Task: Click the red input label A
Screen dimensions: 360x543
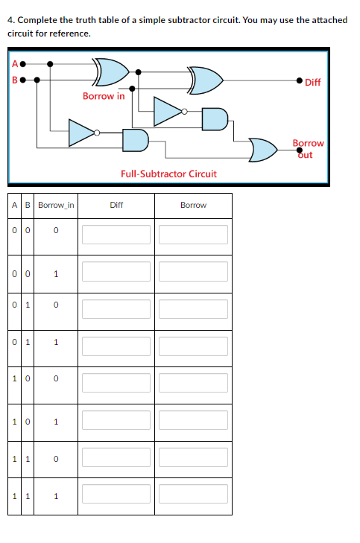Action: (x=15, y=64)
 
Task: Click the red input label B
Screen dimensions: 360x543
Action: (x=15, y=80)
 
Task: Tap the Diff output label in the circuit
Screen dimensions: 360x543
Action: (x=312, y=82)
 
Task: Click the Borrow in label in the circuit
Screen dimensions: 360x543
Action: (x=104, y=96)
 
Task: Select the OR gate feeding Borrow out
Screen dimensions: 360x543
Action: (x=263, y=150)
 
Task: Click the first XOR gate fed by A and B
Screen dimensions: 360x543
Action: (x=111, y=72)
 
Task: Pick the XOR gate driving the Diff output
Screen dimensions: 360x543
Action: (x=206, y=80)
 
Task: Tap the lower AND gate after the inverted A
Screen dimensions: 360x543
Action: (x=135, y=140)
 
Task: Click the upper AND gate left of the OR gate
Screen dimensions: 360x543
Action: (x=215, y=119)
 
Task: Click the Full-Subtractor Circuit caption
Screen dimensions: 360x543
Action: (x=168, y=174)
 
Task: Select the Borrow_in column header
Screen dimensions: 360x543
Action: (x=56, y=205)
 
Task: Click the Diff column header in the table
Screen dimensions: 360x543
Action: (x=116, y=205)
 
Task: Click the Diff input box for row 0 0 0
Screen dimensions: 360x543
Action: (x=116, y=235)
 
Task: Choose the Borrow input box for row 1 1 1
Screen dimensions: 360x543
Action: (x=193, y=494)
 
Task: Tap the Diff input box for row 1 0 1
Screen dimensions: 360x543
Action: (x=116, y=420)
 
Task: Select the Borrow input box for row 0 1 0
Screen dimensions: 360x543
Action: (x=193, y=309)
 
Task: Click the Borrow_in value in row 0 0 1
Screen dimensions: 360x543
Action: (x=56, y=274)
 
